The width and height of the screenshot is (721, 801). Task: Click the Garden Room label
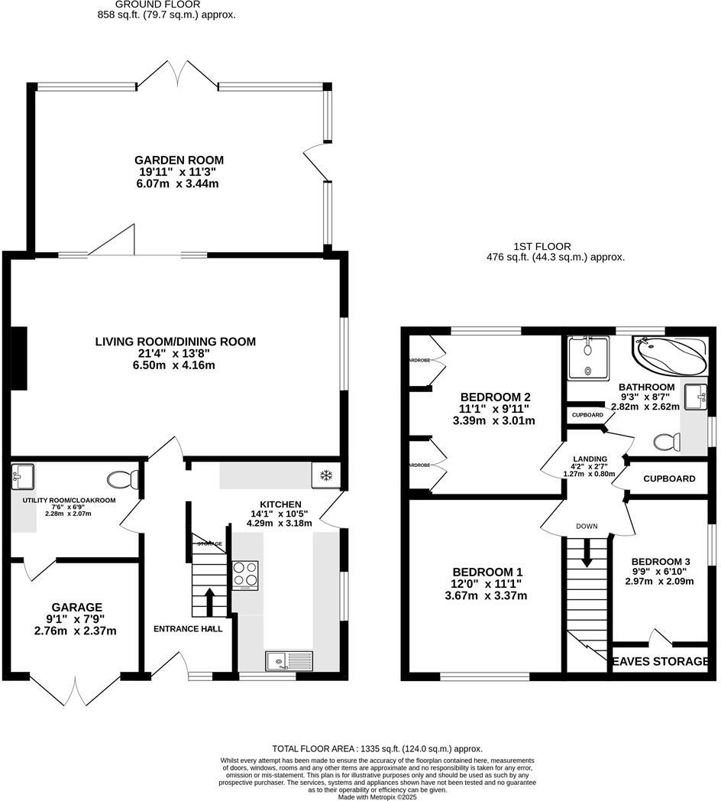[x=179, y=160]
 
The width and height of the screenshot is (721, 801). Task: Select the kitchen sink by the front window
[x=289, y=660]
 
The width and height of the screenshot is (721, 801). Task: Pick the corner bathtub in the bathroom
[x=669, y=356]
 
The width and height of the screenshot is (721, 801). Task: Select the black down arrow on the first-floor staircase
[x=587, y=553]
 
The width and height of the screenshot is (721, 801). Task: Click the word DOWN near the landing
[x=587, y=527]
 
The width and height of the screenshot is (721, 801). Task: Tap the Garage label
[x=75, y=607]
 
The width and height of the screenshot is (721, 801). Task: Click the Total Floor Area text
[x=377, y=749]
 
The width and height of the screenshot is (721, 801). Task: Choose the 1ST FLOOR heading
[x=543, y=246]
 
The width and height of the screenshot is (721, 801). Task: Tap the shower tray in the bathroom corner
[x=587, y=357]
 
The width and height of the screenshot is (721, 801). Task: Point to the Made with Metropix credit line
[x=377, y=796]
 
